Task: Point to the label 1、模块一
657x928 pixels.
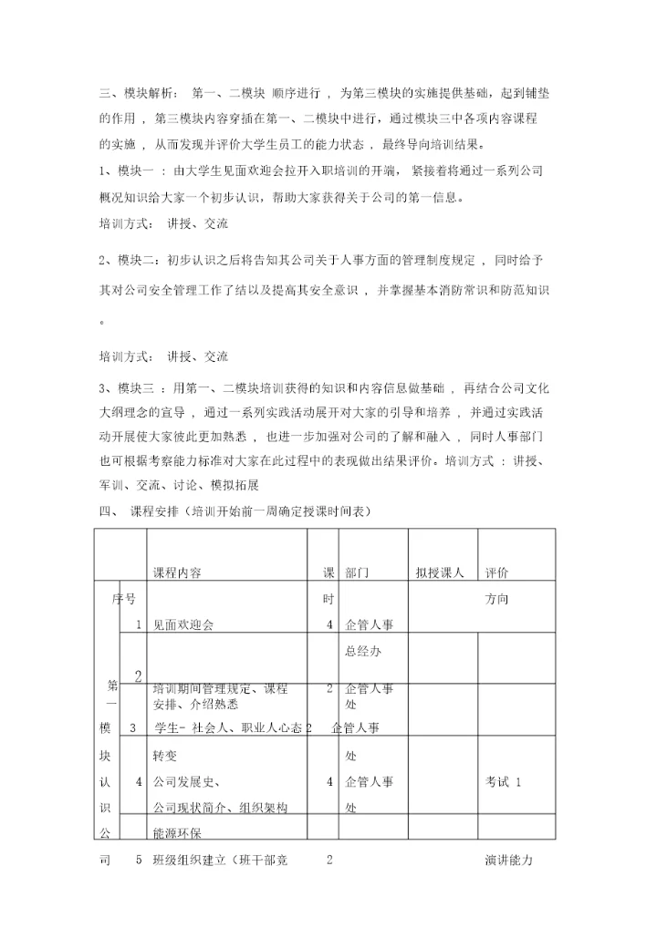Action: [x=129, y=170]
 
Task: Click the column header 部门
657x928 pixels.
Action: [x=358, y=572]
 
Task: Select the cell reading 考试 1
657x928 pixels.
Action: [x=505, y=781]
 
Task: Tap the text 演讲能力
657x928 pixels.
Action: [x=509, y=860]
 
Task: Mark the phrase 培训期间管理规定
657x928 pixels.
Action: [x=200, y=688]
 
